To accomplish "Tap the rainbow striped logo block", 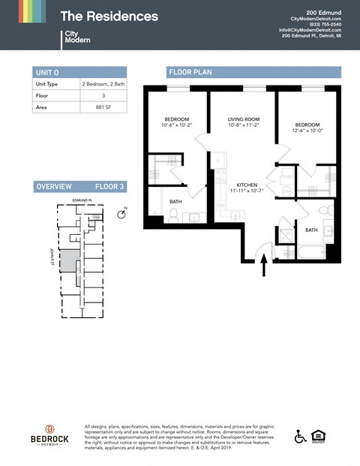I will tap(31, 11).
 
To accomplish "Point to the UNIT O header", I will tap(46, 72).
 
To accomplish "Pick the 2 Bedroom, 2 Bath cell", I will tap(103, 85).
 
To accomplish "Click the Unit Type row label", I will tap(46, 85).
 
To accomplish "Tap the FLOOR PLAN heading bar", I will tap(253, 72).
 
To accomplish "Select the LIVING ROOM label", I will tap(244, 119).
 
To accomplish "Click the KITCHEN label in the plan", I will tap(247, 185).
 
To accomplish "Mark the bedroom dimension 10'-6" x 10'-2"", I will tap(178, 126).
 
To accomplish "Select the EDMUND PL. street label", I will tap(80, 201).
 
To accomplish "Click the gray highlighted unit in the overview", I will tap(68, 262).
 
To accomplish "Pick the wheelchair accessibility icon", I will tap(300, 437).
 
